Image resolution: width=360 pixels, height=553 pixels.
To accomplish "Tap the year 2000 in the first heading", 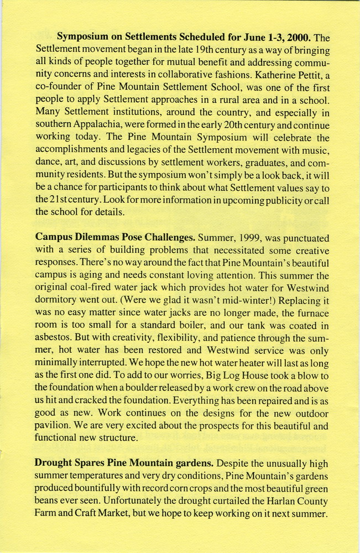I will pyautogui.click(x=298, y=38).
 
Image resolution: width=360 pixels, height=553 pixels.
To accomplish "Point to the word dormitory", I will pyautogui.click(x=59, y=301).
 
